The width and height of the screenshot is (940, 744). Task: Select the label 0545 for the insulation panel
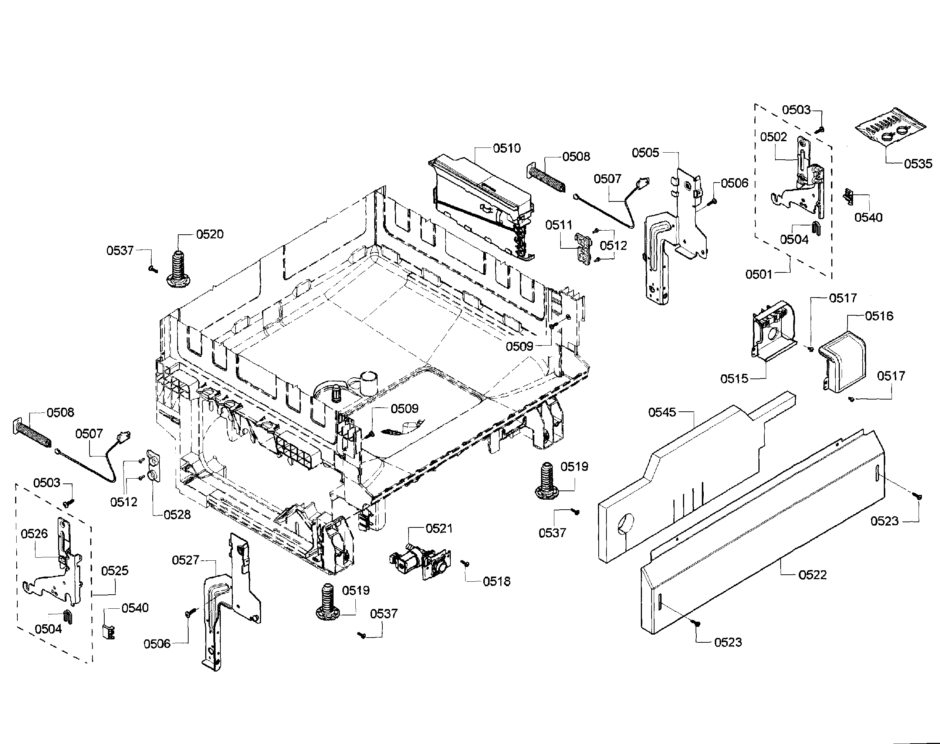(x=662, y=412)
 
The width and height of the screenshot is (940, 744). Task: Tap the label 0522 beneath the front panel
(x=812, y=575)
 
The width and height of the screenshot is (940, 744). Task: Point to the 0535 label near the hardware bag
(x=918, y=164)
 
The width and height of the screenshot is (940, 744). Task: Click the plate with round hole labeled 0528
(x=154, y=466)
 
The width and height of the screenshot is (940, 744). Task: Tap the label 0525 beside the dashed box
(x=115, y=571)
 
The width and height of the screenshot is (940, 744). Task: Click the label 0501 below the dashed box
(x=758, y=274)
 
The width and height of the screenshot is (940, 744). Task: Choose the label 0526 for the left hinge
(x=34, y=534)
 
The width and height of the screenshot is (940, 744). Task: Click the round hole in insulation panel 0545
(x=626, y=523)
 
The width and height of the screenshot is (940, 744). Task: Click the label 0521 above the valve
(x=439, y=529)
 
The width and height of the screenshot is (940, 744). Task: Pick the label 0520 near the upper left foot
(x=210, y=234)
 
